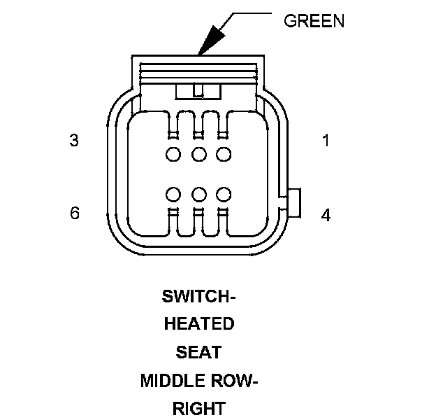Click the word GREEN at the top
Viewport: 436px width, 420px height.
313,21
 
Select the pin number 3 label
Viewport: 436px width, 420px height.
74,140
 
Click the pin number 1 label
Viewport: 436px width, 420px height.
326,140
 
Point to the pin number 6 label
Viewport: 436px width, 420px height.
75,213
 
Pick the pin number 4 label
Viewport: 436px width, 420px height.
326,215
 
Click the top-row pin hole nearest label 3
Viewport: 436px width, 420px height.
173,154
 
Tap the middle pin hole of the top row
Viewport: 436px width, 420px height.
198,154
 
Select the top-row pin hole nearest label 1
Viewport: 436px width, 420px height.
224,154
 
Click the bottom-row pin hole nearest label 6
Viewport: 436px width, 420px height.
173,193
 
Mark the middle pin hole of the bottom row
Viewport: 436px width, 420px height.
198,193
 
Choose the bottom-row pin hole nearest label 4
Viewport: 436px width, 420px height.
224,193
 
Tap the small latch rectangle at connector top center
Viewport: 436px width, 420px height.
198,90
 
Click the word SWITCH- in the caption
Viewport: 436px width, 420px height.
198,297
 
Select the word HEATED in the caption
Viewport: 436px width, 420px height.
198,325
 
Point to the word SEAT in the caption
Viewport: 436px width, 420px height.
198,352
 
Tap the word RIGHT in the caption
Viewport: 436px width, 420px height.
198,408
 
